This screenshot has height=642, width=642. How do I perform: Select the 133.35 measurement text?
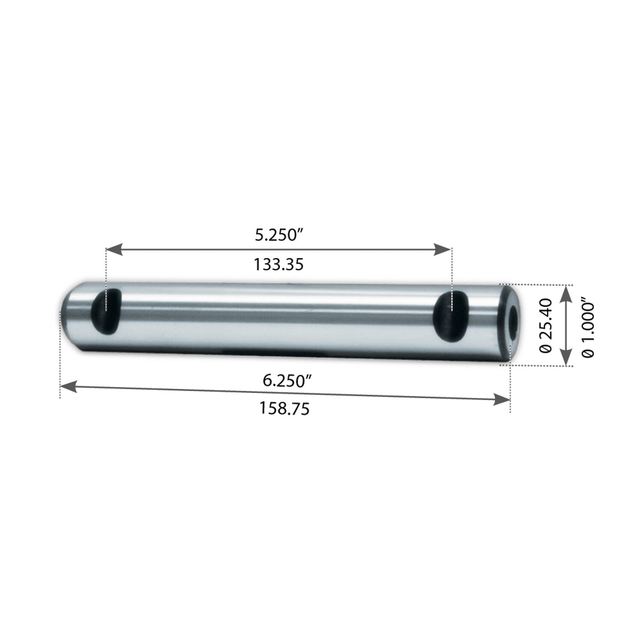(279, 265)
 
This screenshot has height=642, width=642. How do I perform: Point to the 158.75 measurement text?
(284, 409)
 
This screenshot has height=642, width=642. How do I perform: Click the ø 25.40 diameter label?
(546, 325)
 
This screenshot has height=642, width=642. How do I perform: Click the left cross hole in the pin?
(107, 311)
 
